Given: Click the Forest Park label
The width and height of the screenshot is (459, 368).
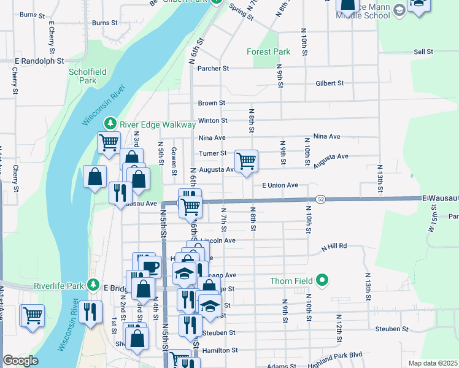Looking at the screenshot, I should coord(268,52).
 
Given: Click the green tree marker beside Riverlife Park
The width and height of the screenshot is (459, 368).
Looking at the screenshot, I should coord(93,285).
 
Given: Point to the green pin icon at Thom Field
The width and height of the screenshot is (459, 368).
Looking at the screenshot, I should coord(322,282).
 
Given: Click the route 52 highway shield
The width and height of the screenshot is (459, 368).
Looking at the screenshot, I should coord(321,199).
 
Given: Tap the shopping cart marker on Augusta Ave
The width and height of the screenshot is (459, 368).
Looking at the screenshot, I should coord(246,161).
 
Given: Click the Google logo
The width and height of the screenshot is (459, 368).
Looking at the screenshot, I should coord(20,361).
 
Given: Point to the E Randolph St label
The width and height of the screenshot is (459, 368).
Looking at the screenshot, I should coord(40,61).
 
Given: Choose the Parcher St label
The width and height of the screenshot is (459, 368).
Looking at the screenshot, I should coord(212,69).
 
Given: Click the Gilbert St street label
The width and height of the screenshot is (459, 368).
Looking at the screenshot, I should coord(330,83).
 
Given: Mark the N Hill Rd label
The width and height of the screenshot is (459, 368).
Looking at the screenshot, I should coord(334,246).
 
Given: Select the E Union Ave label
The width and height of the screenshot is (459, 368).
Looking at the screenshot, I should coord(280,185).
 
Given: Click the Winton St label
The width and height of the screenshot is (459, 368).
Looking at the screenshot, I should coord(212,121).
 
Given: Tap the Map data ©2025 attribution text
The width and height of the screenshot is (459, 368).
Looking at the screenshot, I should coord(433,363).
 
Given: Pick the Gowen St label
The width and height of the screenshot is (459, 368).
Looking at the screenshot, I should coord(174,161).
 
